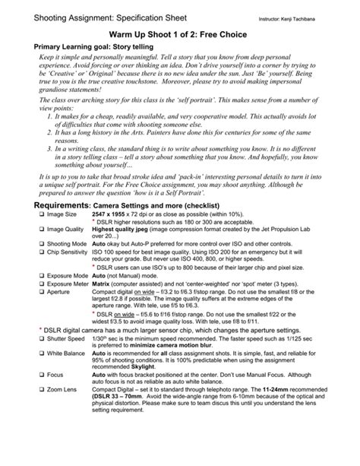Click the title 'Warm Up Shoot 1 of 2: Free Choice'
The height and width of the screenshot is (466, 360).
point(180,36)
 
